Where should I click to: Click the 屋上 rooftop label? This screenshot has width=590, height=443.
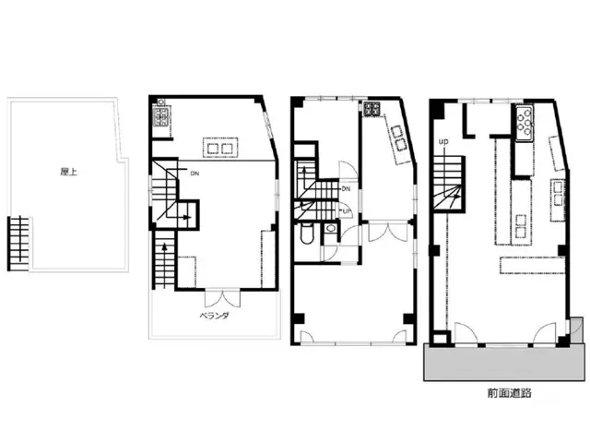69,172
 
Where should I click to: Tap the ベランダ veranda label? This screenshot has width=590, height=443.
214,316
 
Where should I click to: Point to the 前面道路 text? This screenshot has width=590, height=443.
509,393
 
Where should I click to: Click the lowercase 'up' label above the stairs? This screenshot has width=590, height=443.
443,141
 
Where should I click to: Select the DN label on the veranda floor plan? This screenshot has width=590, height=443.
195,174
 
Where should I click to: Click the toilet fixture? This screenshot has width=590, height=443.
306,233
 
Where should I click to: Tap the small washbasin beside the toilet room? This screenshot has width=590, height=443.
331,228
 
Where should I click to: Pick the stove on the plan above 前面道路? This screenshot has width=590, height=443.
525,123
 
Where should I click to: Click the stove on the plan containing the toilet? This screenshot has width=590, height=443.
372,109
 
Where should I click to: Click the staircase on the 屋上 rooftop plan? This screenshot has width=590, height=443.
18,243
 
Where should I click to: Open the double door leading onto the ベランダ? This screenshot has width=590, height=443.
222,298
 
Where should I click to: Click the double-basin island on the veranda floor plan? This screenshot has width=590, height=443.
220,148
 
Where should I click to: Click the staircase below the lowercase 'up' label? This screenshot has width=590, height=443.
450,183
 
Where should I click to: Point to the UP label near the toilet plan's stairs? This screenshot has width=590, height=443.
346,211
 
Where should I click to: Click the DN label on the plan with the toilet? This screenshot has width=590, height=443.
346,188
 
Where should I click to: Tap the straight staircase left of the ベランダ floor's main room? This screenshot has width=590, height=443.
164,260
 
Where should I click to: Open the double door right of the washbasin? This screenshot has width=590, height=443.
388,232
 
